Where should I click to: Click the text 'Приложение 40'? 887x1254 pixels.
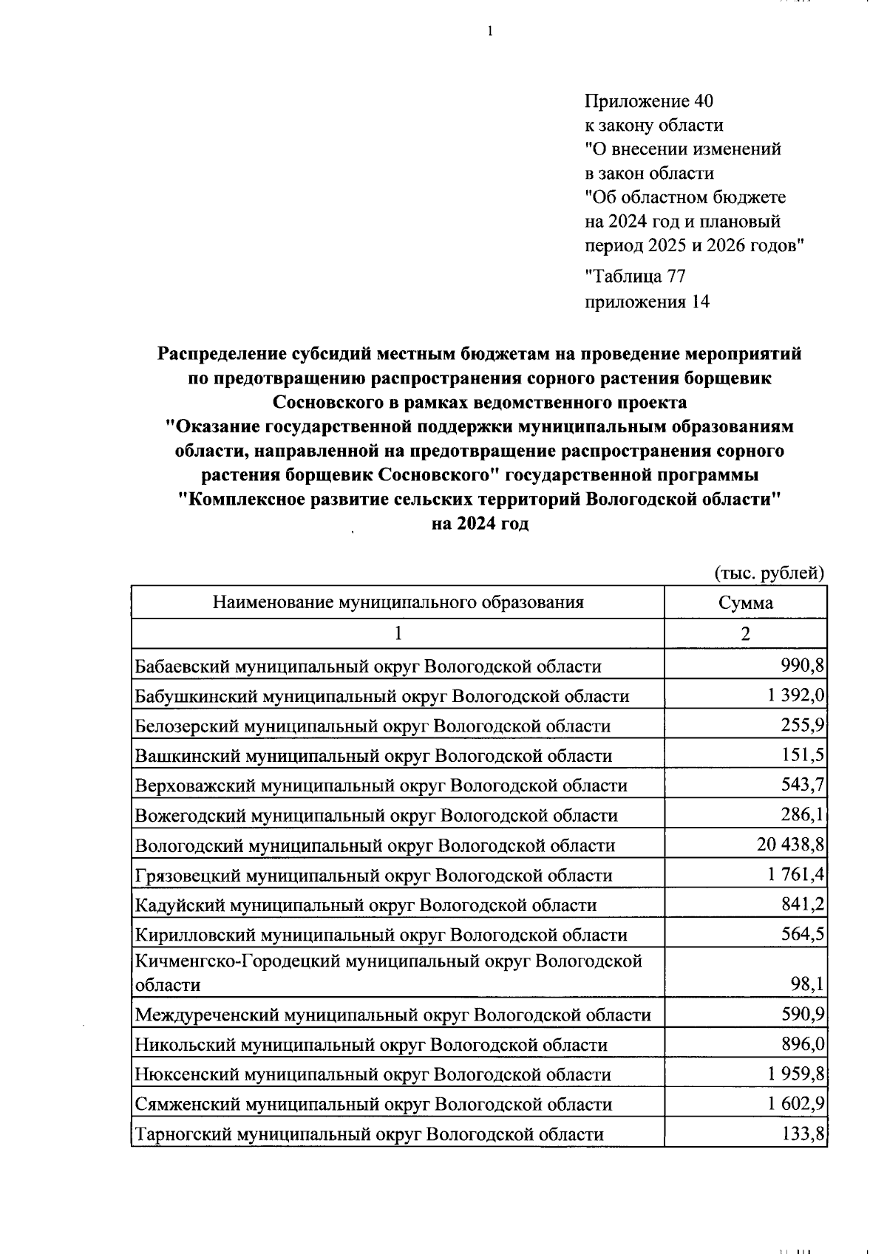click(x=648, y=101)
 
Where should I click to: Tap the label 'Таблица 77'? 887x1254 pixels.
click(x=635, y=277)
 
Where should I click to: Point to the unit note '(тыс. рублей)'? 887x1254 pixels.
click(x=769, y=573)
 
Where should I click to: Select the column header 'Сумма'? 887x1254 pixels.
click(x=745, y=602)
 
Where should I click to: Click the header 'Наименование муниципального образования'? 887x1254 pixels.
click(x=398, y=602)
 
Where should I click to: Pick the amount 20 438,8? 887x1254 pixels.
click(x=790, y=845)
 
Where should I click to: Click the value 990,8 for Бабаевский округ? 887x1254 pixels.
click(x=802, y=666)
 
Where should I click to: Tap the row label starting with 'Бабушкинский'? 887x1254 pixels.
click(x=381, y=696)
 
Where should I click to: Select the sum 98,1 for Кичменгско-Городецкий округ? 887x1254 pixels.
click(x=807, y=984)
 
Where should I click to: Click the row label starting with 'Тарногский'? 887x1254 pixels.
click(x=369, y=1134)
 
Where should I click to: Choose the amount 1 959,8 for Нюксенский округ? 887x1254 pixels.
click(x=795, y=1074)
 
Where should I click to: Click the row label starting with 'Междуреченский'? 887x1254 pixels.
click(x=392, y=1015)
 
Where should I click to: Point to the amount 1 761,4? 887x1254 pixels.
click(x=795, y=875)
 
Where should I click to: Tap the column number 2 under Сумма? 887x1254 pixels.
click(x=745, y=633)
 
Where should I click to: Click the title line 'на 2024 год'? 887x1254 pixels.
click(x=480, y=524)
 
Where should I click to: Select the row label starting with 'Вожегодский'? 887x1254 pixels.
click(x=375, y=816)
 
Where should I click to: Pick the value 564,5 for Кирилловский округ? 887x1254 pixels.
click(x=802, y=934)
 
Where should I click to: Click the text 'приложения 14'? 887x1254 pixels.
click(x=647, y=301)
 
